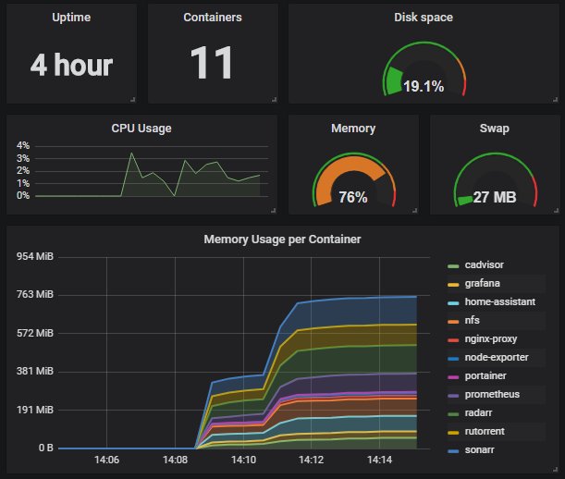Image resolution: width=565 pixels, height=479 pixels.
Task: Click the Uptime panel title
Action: (x=71, y=18)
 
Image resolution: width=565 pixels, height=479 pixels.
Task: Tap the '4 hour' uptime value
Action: (x=71, y=66)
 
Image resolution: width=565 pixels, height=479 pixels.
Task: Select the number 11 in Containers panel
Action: (x=212, y=64)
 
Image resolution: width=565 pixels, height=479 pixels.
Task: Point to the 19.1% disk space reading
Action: (x=424, y=87)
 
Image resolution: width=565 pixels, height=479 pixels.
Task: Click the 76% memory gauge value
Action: (x=353, y=197)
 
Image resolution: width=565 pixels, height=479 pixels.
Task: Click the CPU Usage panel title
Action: (x=141, y=129)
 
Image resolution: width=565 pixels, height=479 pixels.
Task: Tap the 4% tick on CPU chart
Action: (x=23, y=146)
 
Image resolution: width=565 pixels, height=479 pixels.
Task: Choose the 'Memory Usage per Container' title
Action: (x=282, y=239)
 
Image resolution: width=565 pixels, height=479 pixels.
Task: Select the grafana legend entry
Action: (x=484, y=284)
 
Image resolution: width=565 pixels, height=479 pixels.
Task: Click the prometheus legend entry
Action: (x=493, y=395)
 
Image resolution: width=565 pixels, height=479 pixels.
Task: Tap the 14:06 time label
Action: (x=107, y=459)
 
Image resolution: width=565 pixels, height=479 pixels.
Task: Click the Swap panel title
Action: (x=494, y=129)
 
